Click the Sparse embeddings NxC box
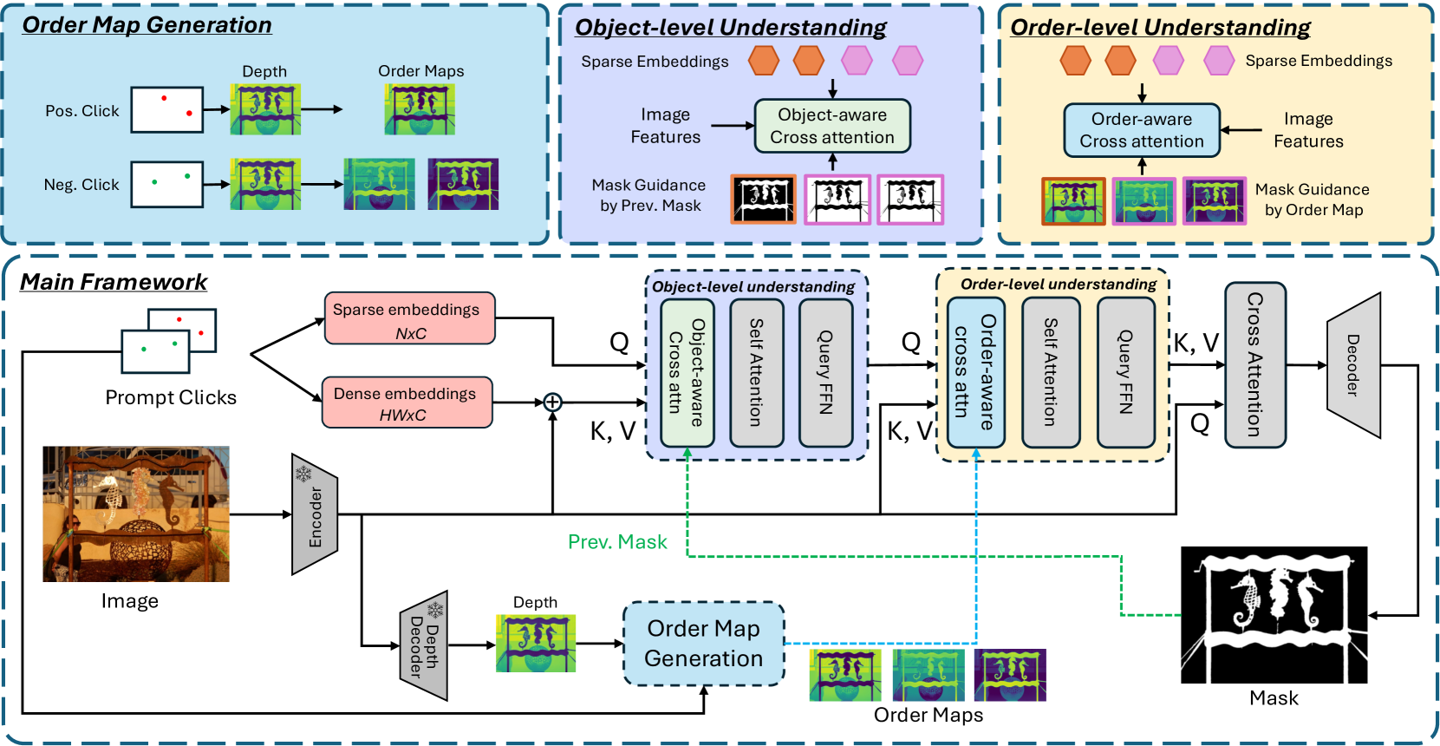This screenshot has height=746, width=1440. coord(409,318)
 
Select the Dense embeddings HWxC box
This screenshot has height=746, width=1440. coord(407,402)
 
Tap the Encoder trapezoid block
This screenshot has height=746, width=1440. coord(314,514)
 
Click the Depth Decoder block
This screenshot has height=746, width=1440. coord(424,645)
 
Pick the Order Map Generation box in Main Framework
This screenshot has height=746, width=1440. coord(703,644)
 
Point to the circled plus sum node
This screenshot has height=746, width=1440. coord(552,402)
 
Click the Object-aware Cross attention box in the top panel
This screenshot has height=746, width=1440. coord(831,126)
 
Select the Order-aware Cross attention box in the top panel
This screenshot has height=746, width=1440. coord(1141,130)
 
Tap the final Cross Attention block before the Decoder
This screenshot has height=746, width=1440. coord(1254,364)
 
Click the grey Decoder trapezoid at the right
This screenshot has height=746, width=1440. coord(1352,365)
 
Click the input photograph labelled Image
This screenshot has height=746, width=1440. coord(136,514)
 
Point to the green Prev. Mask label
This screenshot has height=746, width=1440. coord(617,542)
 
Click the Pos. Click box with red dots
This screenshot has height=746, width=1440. coord(167,109)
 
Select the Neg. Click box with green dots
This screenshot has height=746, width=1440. coord(167,184)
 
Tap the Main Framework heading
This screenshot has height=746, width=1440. coord(114,282)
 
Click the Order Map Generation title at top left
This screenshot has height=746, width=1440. coord(147,25)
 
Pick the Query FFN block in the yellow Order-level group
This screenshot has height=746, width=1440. coord(1125,372)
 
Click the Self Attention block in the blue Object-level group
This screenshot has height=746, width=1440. coord(756,372)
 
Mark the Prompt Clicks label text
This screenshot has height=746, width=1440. coord(171,397)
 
